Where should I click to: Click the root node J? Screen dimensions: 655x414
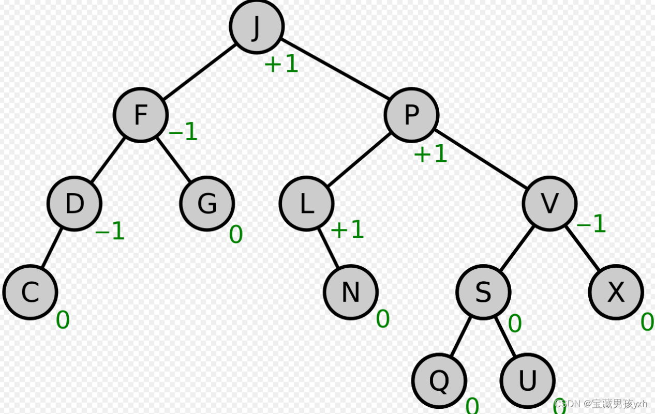(x=257, y=27)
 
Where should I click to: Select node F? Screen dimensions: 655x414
(x=141, y=115)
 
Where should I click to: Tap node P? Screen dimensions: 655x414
(x=411, y=115)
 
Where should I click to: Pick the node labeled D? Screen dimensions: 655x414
(x=75, y=203)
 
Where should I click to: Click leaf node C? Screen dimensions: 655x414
(x=30, y=292)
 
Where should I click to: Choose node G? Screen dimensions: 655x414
(x=207, y=203)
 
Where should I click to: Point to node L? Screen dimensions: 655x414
(x=306, y=204)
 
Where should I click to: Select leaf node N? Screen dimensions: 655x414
(x=351, y=292)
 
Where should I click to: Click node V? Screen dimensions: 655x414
(x=549, y=203)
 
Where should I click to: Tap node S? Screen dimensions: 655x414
(x=483, y=292)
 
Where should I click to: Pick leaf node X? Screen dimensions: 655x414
(x=616, y=292)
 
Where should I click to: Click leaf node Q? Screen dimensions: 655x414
(x=439, y=381)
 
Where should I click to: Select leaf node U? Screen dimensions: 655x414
(x=527, y=381)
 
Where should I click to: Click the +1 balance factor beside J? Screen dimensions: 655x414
(x=281, y=64)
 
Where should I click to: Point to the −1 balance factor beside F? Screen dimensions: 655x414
(x=183, y=132)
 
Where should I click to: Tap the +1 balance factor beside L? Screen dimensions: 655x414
(x=347, y=229)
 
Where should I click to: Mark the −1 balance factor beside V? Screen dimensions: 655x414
(x=591, y=224)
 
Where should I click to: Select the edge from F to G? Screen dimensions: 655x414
(x=174, y=159)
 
